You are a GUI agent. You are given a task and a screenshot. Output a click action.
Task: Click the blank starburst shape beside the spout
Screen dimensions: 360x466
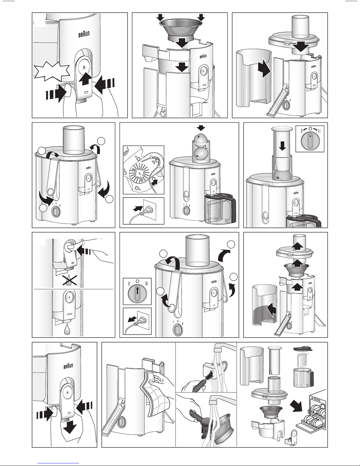click(x=52, y=71)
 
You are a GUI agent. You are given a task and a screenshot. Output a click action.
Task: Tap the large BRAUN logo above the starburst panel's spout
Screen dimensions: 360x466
click(x=84, y=34)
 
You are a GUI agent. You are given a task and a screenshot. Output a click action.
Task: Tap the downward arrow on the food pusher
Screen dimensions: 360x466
click(x=283, y=146)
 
